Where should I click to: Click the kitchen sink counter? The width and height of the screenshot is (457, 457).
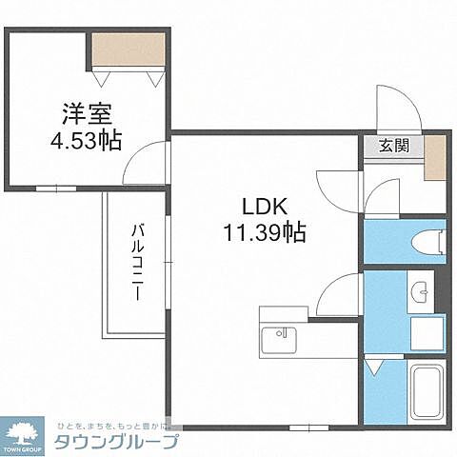point(280,338)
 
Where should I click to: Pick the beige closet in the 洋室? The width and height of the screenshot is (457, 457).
point(129,49)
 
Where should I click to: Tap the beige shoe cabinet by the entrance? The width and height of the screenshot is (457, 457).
point(433,158)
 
